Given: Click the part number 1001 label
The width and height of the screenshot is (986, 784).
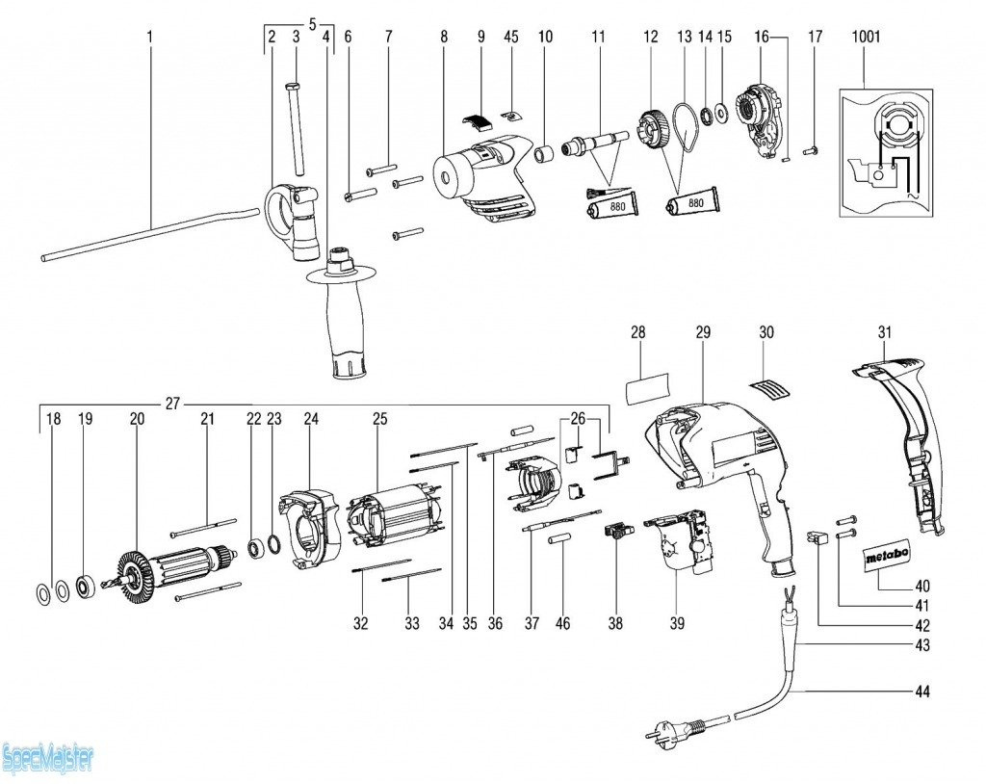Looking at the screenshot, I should (866, 37).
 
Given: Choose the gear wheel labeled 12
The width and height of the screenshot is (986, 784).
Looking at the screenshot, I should (651, 129).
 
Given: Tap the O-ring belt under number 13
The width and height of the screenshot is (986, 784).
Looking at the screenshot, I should (688, 127).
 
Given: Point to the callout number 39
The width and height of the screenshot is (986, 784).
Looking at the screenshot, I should (677, 623).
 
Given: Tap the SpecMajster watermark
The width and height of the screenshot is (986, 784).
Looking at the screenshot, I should (48, 758).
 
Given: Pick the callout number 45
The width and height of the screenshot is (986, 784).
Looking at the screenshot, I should (511, 37).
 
